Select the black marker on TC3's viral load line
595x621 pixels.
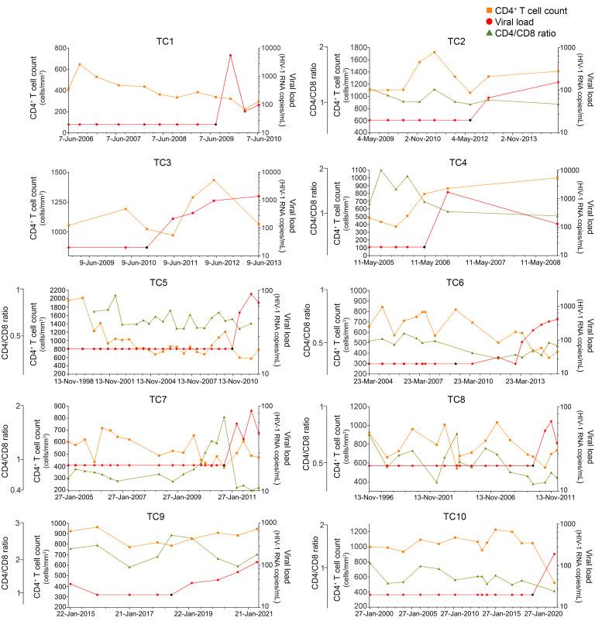[x=147, y=247]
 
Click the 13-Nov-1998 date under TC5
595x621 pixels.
[x=69, y=382]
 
